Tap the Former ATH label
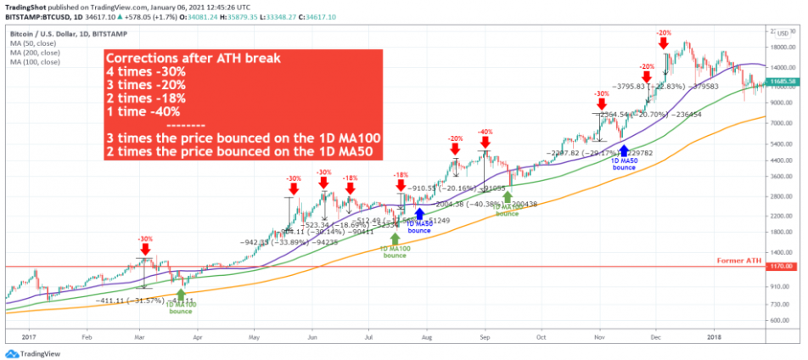(x=737, y=259)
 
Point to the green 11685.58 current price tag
(x=781, y=82)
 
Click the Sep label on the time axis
(x=485, y=336)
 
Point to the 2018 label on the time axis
(x=714, y=336)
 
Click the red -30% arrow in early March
(x=145, y=249)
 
